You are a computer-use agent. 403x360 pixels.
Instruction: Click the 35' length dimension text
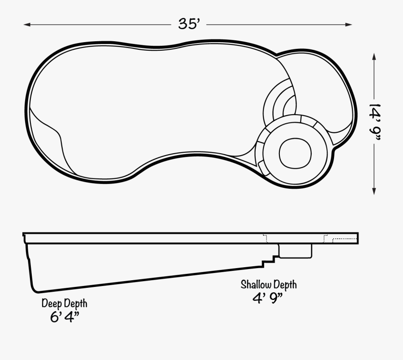coord(189,24)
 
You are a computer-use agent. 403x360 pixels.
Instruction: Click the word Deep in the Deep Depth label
coord(51,304)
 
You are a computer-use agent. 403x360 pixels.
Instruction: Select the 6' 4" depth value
coord(65,317)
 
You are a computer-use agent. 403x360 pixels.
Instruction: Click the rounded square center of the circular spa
coord(295,152)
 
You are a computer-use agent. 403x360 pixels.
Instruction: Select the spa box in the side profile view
coord(296,251)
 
